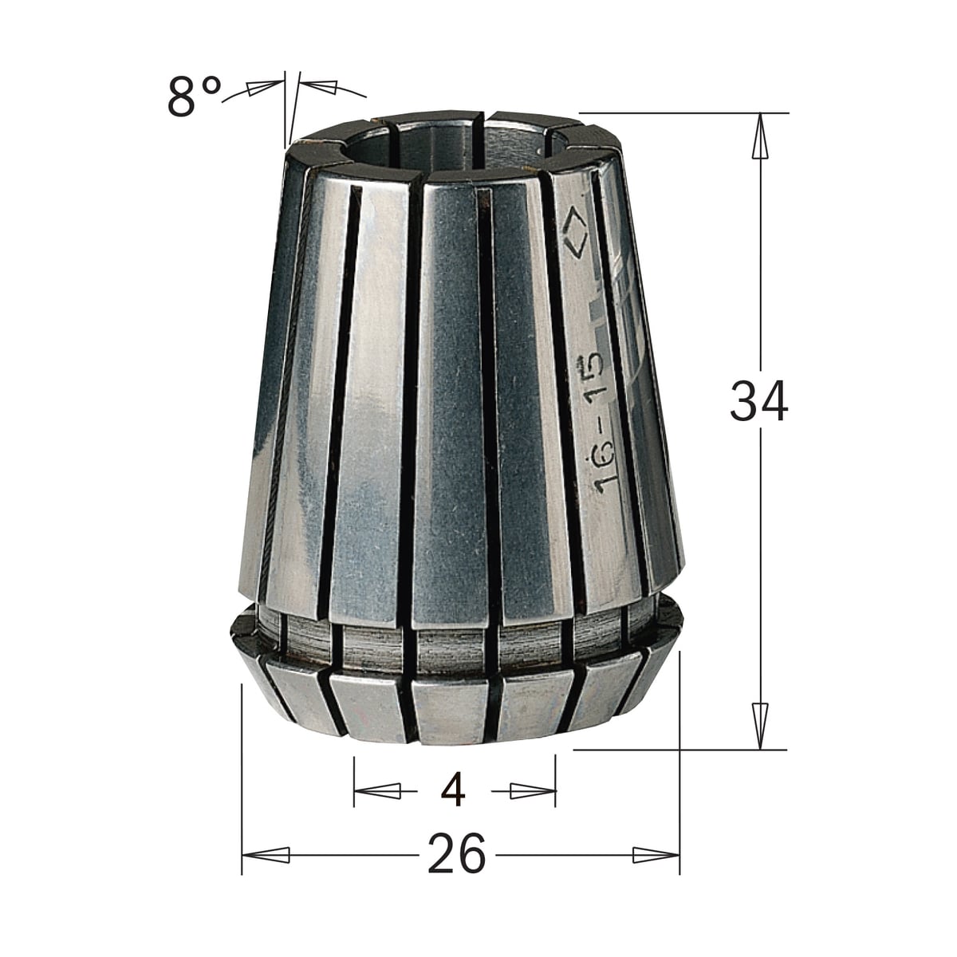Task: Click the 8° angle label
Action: pos(194,97)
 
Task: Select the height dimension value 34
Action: pos(759,401)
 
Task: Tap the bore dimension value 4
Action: pos(454,791)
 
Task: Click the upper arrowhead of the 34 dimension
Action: pos(760,136)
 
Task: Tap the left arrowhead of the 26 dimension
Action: pos(266,855)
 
